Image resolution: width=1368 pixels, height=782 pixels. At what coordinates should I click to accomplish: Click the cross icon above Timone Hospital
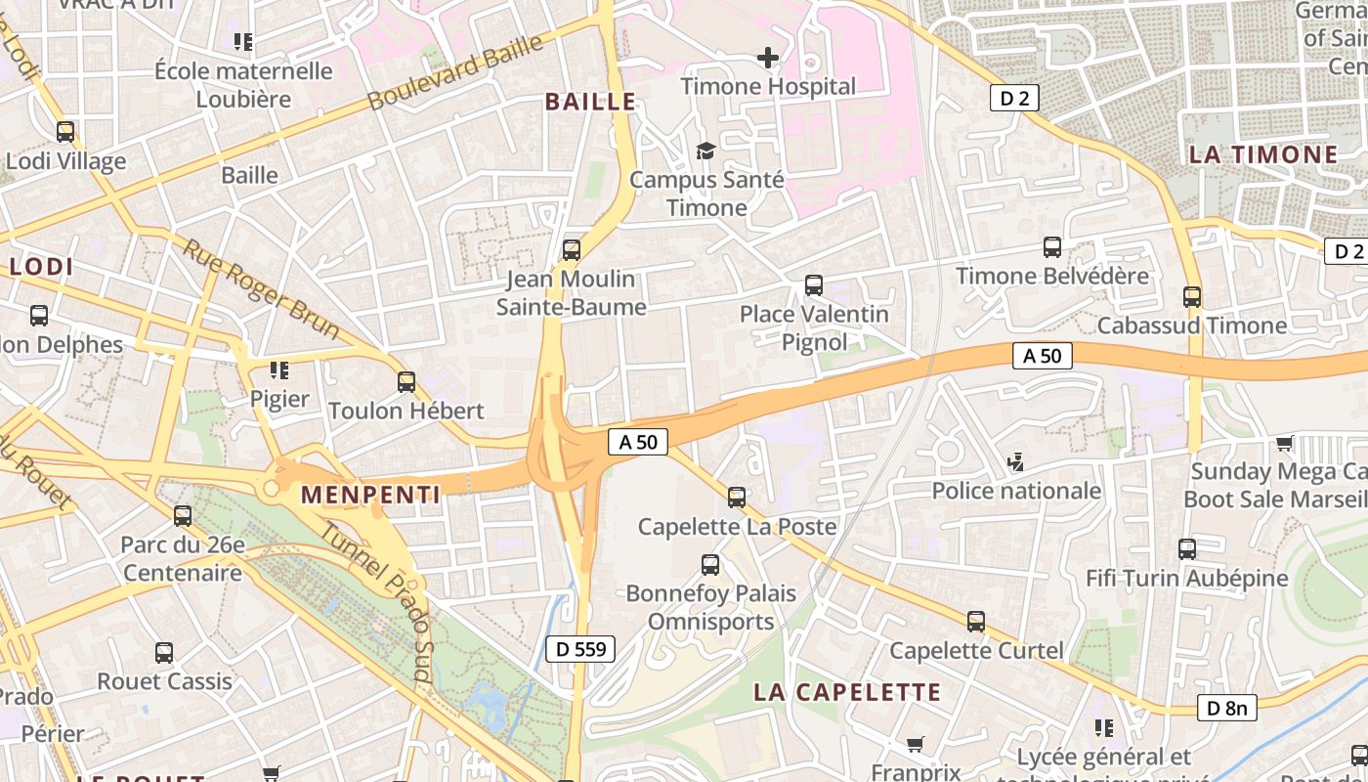tap(768, 58)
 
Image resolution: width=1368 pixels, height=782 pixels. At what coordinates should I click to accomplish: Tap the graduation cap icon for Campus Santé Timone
tap(705, 151)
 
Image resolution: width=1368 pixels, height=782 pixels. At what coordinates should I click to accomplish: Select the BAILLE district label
tap(590, 102)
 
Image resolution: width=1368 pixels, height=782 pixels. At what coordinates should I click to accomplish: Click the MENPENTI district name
tap(370, 495)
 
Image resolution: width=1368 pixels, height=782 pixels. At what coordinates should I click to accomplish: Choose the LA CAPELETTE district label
tap(846, 692)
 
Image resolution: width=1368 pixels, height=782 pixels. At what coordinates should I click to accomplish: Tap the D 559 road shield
tap(580, 648)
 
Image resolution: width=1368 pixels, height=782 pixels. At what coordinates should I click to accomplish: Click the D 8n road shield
tap(1226, 708)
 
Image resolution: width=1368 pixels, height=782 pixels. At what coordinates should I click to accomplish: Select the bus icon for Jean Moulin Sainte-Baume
tap(572, 250)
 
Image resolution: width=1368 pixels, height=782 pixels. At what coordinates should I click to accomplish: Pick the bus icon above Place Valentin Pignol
tap(814, 285)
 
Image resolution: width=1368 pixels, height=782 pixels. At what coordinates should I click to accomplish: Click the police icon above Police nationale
tap(1016, 461)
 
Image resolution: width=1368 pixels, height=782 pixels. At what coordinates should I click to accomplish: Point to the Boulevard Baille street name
tap(455, 73)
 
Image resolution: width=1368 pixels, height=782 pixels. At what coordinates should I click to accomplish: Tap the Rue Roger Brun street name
tap(261, 289)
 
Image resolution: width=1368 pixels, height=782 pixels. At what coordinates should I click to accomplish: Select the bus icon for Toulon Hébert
tap(406, 381)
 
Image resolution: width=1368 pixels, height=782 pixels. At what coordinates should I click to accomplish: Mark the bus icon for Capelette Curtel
tap(976, 622)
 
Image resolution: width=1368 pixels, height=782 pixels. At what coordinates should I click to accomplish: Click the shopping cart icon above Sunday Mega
tap(1285, 444)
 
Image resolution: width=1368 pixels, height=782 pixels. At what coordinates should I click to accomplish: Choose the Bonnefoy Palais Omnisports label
tap(710, 607)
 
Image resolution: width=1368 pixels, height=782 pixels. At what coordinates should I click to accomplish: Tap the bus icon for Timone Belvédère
tap(1052, 247)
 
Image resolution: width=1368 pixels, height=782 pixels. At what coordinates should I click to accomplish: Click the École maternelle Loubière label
tap(243, 85)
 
